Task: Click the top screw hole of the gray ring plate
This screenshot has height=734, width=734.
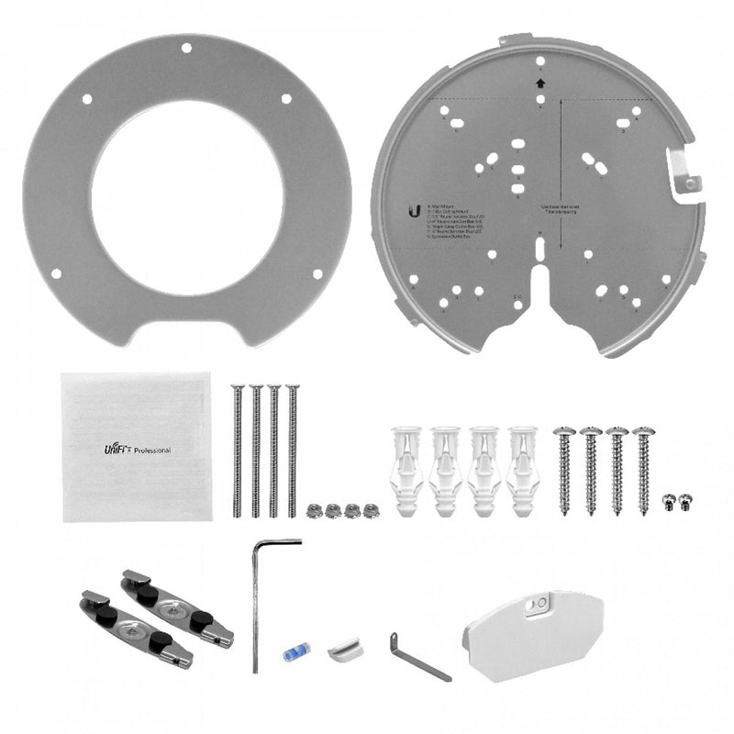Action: pos(186,48)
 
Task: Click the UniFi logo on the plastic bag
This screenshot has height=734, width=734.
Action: pos(117,449)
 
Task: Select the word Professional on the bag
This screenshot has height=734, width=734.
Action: pos(151,450)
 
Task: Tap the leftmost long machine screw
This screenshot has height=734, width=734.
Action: pos(238,450)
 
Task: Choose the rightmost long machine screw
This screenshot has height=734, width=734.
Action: pos(292,450)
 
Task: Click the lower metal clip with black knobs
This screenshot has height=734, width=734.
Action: pos(135,628)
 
